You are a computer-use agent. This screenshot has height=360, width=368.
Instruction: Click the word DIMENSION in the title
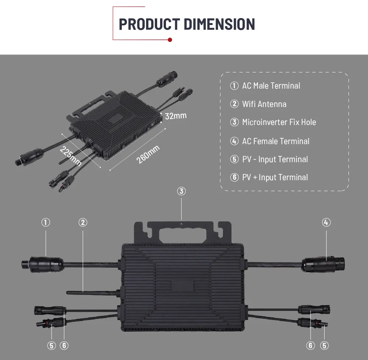coord(219,24)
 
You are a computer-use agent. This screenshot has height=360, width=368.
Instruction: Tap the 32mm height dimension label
coord(176,116)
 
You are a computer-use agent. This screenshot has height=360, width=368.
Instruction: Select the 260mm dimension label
coord(148,154)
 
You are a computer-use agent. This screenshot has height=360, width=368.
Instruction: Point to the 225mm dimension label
coord(70,156)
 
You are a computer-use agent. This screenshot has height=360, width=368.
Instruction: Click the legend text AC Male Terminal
coord(271,86)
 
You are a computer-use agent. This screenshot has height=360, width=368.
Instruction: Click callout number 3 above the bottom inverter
coord(181,191)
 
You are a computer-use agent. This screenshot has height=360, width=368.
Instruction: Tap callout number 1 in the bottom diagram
coord(46,222)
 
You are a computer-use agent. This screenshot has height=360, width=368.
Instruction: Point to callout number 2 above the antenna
coord(83,222)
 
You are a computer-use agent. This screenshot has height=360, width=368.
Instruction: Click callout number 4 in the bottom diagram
coord(326,222)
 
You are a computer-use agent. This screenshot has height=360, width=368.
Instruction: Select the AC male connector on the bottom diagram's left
coord(42,264)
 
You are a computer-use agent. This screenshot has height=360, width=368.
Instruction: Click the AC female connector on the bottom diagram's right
coord(323,264)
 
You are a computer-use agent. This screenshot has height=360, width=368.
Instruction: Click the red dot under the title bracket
coord(170,40)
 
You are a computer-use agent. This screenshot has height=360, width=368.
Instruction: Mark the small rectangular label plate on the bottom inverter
coord(183,286)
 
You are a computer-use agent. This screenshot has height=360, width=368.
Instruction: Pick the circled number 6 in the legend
coord(234,177)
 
